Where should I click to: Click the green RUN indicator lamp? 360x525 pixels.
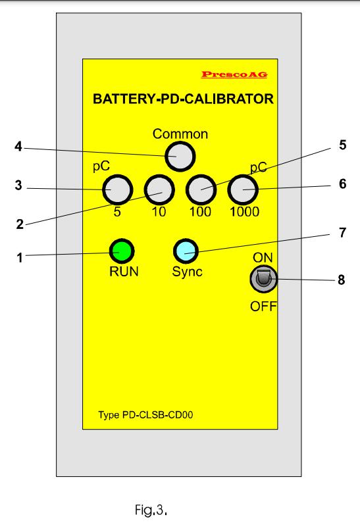[122, 251]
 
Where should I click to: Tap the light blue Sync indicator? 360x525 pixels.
[186, 251]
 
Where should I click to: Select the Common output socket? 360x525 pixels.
[180, 157]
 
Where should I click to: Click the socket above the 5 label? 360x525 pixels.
[118, 189]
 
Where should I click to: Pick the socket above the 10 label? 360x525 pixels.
[159, 189]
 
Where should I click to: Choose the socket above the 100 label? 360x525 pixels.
[201, 189]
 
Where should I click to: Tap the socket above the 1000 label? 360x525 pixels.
[243, 189]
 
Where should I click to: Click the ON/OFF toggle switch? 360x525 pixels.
[263, 278]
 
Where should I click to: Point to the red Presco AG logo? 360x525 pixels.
[234, 74]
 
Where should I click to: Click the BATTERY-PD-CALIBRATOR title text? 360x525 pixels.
[183, 99]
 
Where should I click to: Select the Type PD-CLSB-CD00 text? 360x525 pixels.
[145, 415]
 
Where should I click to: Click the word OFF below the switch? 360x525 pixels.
[263, 306]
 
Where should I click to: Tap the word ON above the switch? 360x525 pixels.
[263, 257]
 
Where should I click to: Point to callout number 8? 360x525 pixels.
[342, 280]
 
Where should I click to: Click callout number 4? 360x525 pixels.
[18, 146]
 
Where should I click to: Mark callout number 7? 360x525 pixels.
[342, 232]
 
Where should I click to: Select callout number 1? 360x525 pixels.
[20, 258]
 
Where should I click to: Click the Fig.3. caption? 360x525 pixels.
[151, 510]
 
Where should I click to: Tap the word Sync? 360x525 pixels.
[187, 272]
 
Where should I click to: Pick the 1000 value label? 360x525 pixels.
[244, 212]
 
